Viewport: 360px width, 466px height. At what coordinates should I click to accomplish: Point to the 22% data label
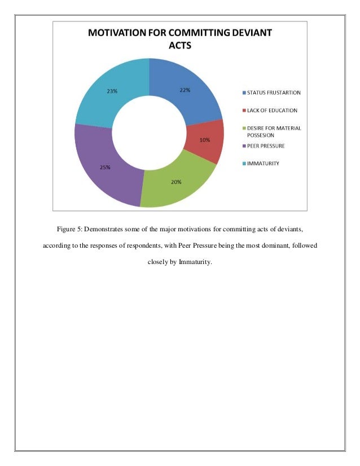tap(185, 90)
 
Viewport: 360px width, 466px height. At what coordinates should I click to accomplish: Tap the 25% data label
tap(106, 167)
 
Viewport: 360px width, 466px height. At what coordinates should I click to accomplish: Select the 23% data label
tap(112, 91)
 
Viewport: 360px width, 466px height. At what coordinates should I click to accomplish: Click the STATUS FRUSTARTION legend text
tap(274, 93)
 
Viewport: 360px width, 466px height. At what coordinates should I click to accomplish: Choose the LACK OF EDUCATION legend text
tap(273, 111)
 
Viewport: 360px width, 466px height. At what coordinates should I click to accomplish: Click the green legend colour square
tap(244, 129)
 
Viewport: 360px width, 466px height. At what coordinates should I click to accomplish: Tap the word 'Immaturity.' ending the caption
tap(195, 262)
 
